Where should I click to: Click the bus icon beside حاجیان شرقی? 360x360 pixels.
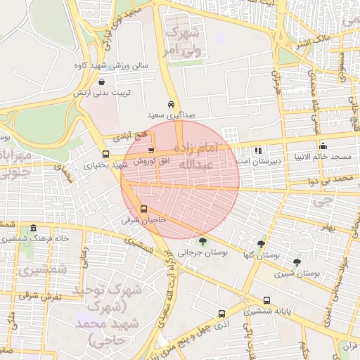tap(144, 209)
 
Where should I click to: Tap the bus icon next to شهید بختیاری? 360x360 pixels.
tap(105, 155)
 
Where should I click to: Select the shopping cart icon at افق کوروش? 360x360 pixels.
tap(150, 150)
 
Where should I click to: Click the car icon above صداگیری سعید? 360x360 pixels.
tap(172, 103)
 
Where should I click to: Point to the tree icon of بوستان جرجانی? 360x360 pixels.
tap(202, 240)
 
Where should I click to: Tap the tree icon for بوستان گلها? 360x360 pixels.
tap(261, 243)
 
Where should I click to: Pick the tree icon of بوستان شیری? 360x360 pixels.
tap(297, 262)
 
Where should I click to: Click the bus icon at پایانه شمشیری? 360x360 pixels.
tap(266, 300)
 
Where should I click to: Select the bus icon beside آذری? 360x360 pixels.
tap(222, 314)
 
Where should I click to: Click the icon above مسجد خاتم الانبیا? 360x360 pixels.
tap(321, 145)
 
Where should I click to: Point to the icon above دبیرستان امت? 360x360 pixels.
tap(258, 150)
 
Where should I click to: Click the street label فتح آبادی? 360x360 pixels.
tap(131, 134)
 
